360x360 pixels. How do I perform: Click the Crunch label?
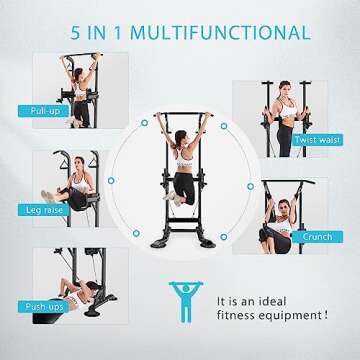tap(316, 237)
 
